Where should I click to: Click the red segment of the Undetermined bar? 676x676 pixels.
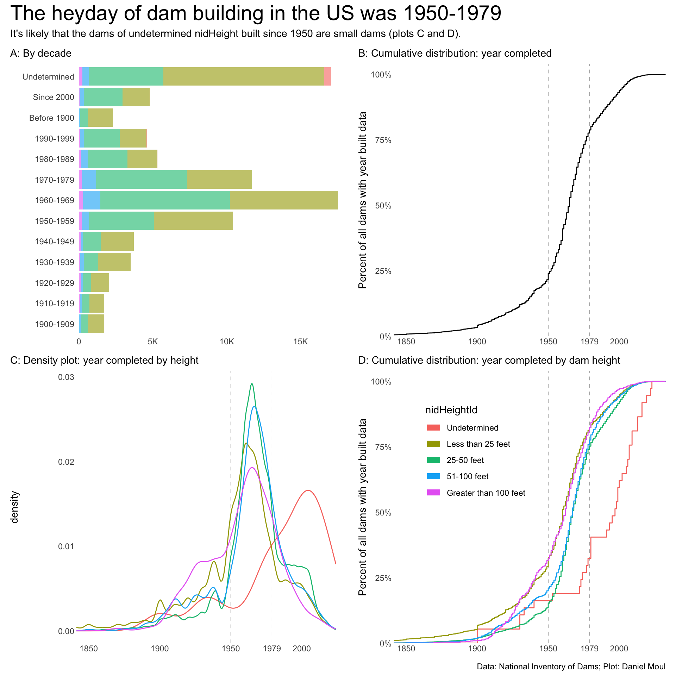327,76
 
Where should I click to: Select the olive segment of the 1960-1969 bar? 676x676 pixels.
284,200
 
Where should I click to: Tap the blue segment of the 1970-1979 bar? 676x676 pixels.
89,180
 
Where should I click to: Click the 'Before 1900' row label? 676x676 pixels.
52,118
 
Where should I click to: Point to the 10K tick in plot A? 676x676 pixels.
226,342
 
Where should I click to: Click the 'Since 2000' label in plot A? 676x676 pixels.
54,97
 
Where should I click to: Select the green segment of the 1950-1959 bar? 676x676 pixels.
121,221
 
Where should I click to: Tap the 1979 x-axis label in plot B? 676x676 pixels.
589,342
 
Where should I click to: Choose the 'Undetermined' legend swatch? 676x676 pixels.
433,428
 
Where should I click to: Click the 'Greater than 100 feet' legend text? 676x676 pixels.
486,493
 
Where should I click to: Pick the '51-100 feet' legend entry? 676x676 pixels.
468,477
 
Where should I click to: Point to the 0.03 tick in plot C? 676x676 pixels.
66,377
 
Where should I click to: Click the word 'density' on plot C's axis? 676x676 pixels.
14,507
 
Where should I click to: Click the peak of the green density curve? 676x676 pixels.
252,384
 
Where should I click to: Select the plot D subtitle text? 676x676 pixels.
489,361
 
